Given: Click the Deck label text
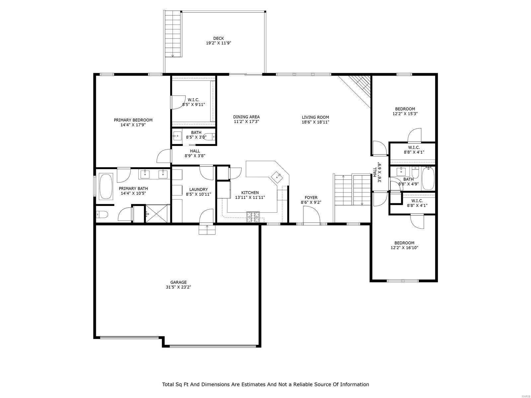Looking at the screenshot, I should (x=218, y=38).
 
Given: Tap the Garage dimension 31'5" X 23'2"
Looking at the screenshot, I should (x=179, y=287).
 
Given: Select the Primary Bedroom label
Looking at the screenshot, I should (x=133, y=120).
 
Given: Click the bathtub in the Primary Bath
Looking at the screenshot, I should (x=106, y=186).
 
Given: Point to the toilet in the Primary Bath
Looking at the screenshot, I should (x=101, y=215).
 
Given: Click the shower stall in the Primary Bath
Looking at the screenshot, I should (x=157, y=214).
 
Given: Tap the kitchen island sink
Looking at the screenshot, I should (x=277, y=177).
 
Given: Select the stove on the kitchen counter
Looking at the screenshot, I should (x=253, y=217).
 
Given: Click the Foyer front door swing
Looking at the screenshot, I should (x=311, y=216).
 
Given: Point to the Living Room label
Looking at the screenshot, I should (x=315, y=117).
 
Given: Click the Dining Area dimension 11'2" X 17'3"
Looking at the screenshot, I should (x=246, y=122).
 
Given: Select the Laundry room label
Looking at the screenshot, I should (x=198, y=189).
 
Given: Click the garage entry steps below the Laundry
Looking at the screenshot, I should (x=207, y=230).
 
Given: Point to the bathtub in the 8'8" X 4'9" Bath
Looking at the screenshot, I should (x=428, y=179).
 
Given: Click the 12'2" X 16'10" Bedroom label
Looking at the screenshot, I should (x=404, y=243).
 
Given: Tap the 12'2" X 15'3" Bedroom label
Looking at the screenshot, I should (x=405, y=109).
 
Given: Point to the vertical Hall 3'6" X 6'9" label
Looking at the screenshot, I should (x=377, y=172).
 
